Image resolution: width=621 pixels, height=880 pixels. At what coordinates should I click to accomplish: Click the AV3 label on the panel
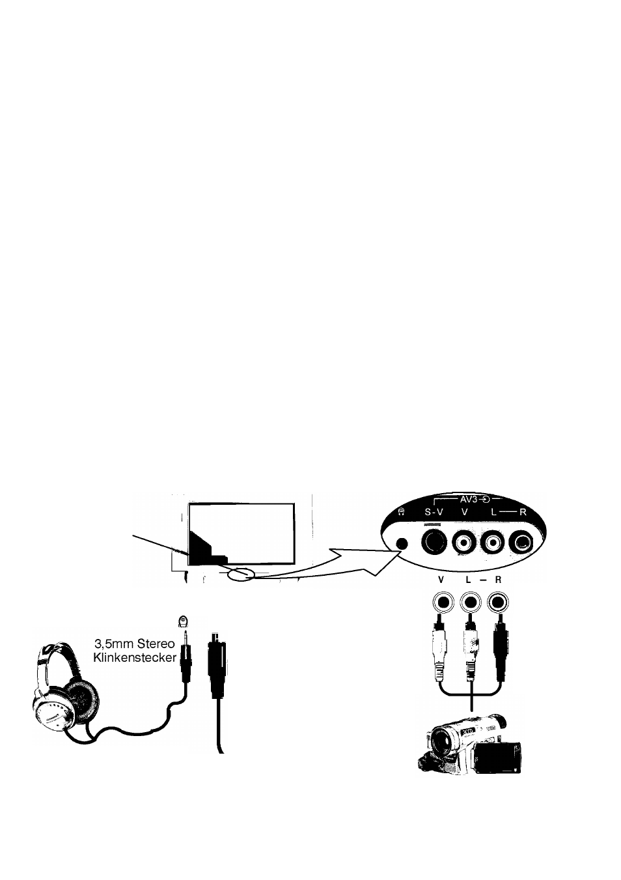(x=468, y=500)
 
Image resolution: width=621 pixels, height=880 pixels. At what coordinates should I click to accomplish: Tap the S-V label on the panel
(x=434, y=512)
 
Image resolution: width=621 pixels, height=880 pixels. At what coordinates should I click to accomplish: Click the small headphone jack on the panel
(x=402, y=543)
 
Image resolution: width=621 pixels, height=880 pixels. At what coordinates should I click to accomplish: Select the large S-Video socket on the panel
(x=434, y=542)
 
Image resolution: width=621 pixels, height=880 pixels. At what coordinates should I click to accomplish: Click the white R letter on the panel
(x=523, y=512)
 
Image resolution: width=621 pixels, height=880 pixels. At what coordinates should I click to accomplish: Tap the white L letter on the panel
(x=494, y=512)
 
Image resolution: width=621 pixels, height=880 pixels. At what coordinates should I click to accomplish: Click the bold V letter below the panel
(x=441, y=580)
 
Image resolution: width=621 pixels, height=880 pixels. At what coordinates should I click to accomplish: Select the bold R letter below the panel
(x=498, y=580)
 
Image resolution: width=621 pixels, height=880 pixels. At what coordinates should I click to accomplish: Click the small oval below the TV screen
(x=241, y=575)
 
